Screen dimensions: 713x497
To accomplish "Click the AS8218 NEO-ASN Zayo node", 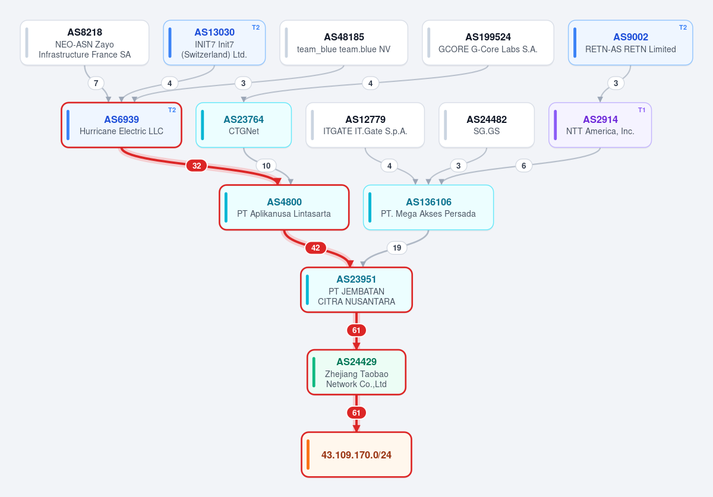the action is (x=84, y=43).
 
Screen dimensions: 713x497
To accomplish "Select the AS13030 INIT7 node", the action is (x=214, y=43).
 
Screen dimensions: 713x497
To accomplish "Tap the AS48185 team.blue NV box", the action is (x=344, y=43).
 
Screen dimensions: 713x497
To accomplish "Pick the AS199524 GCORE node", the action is (x=488, y=43).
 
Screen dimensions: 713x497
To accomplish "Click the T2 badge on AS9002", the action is (x=683, y=28).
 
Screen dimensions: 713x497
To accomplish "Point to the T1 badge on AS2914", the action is (x=642, y=110).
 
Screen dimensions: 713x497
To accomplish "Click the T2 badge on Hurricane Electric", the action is (x=172, y=110).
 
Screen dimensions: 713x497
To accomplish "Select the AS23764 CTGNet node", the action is (x=244, y=125).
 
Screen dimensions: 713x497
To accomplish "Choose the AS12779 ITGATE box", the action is (x=365, y=125).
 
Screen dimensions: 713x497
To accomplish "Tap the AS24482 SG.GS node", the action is (x=487, y=125).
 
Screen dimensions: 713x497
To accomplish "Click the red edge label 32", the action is (x=197, y=166).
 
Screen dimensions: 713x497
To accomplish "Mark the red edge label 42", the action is (x=316, y=248).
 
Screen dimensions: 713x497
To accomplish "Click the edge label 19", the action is (x=397, y=248).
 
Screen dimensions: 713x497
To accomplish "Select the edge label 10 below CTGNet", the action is (x=266, y=166).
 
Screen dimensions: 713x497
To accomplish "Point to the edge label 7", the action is (x=96, y=83).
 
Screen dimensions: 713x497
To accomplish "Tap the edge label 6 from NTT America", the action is (x=523, y=166).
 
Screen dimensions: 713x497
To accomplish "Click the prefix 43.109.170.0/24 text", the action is (x=356, y=455).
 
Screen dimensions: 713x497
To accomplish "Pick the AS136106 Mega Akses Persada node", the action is (x=428, y=207).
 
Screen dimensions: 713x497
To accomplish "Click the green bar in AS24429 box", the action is (x=314, y=372).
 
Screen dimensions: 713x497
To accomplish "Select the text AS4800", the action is (x=284, y=202).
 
